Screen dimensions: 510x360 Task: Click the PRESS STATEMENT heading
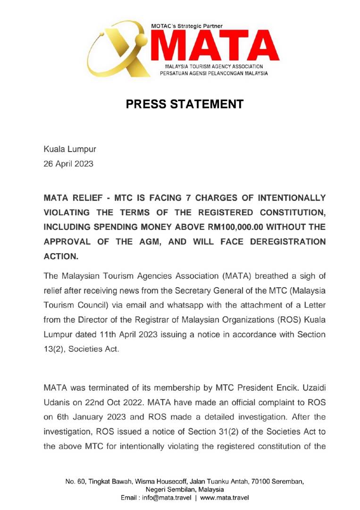184,104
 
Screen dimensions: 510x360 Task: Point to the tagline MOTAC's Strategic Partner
187,26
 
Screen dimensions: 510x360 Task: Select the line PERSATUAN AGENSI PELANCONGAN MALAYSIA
217,74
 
